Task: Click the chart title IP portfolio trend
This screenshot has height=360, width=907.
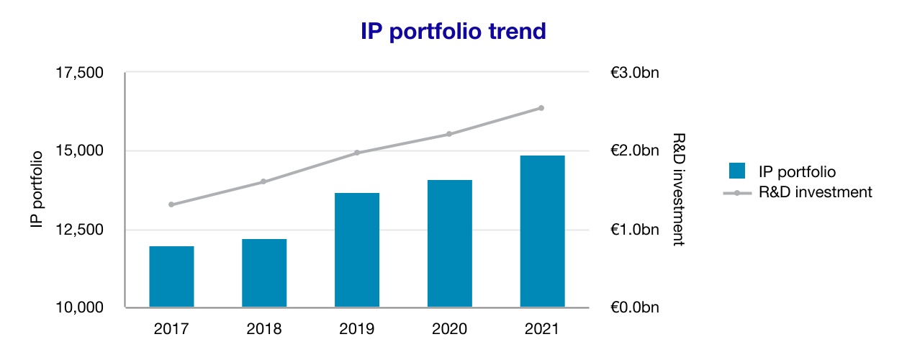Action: (x=453, y=32)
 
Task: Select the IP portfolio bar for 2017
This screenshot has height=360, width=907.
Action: (x=171, y=277)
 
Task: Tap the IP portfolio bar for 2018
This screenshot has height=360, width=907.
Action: (x=264, y=274)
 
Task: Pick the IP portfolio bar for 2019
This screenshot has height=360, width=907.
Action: (x=357, y=251)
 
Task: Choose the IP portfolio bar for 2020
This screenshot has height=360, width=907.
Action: (x=450, y=244)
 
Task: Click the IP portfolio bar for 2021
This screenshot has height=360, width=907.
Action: (x=542, y=232)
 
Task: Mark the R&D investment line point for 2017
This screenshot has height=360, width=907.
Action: (x=171, y=204)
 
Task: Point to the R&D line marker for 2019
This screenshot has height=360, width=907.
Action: (x=357, y=153)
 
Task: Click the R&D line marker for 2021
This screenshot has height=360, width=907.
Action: (x=541, y=108)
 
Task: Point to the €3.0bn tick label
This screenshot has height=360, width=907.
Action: (x=634, y=73)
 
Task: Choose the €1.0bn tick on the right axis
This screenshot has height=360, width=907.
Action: (x=634, y=230)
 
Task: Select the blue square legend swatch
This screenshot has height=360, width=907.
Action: (x=736, y=171)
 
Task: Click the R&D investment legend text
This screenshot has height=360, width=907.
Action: (x=816, y=192)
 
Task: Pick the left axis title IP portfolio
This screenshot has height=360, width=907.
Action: (x=37, y=190)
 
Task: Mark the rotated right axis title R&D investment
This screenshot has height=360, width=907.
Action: (x=677, y=190)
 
